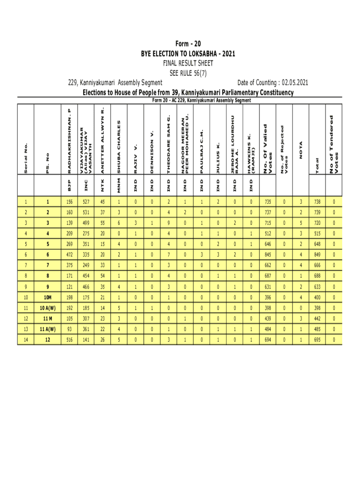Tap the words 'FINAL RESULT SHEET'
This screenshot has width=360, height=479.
point(188,63)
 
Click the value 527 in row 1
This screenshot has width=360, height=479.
point(86,203)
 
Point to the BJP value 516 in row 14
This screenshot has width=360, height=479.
point(69,340)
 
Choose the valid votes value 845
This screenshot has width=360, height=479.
point(268,254)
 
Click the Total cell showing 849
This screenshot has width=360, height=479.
point(317,254)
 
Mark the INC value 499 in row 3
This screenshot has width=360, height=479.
point(86,223)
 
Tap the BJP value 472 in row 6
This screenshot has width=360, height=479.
point(69,254)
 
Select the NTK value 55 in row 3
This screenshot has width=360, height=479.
point(102,223)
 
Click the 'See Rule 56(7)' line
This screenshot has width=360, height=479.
point(188,73)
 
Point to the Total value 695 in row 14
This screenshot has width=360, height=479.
point(317,340)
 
